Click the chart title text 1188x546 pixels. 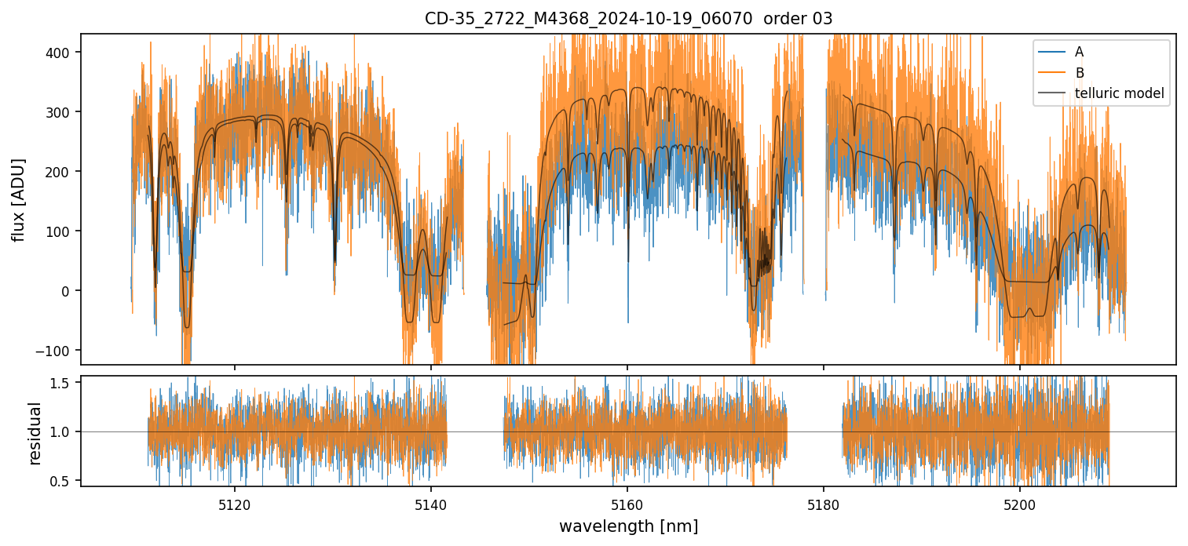click(628, 19)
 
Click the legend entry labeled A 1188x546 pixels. click(1079, 52)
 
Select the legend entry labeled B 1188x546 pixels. click(1079, 73)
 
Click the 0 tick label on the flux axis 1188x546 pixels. click(66, 291)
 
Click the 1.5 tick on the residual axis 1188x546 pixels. click(62, 383)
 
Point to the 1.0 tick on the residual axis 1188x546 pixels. click(62, 432)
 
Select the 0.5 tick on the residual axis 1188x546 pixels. click(62, 481)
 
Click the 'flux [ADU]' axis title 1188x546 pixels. click(18, 199)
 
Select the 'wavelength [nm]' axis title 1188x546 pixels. click(628, 526)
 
